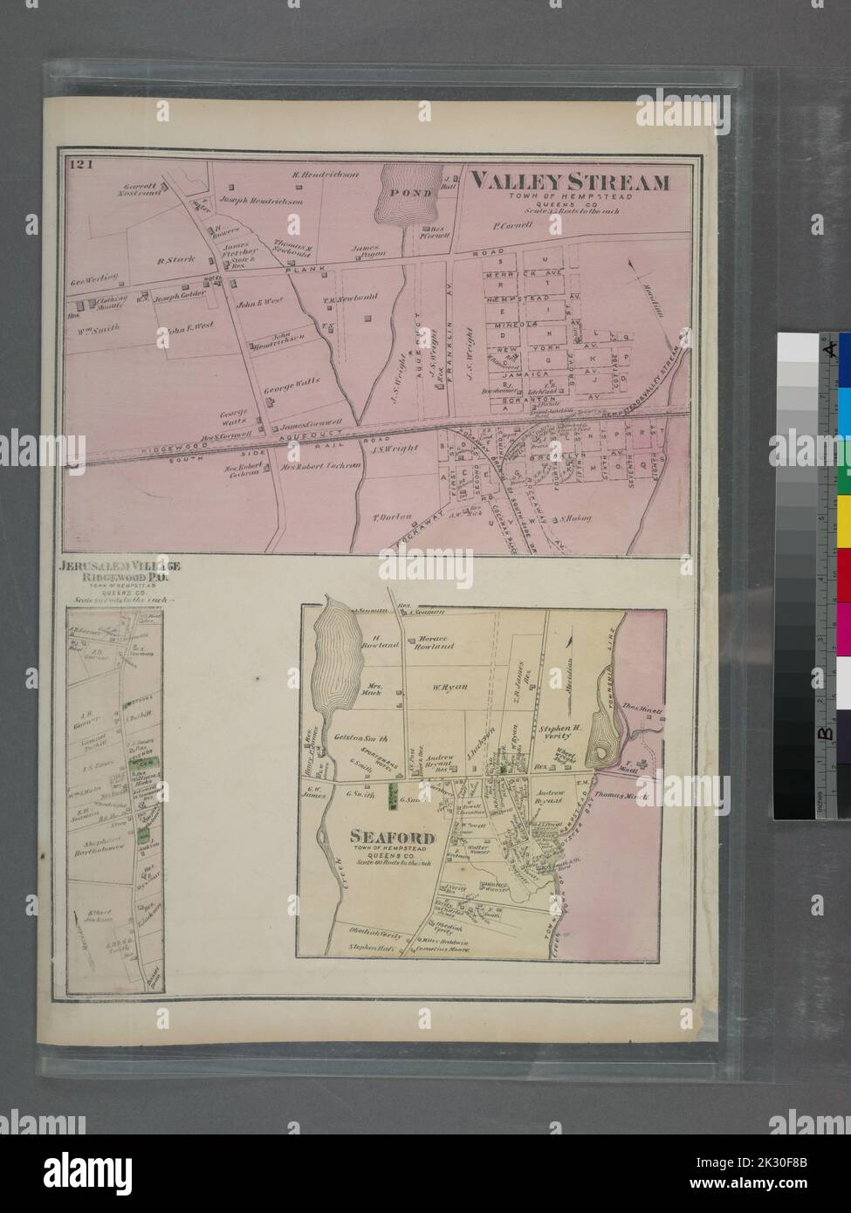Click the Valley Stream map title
pos(570,182)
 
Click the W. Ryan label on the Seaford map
pos(450,687)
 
